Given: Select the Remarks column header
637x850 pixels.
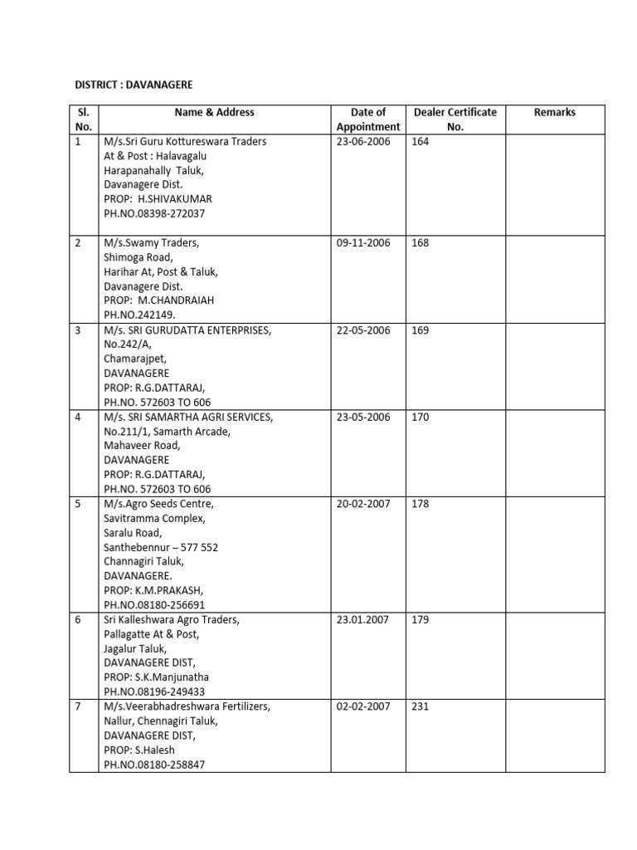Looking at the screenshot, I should tap(555, 112).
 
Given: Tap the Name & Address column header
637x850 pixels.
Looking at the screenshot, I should tap(214, 112).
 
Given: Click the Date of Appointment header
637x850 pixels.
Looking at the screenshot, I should tap(368, 120).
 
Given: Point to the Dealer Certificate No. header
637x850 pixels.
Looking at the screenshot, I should tap(455, 120).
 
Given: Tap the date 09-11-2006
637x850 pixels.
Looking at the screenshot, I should tap(363, 243).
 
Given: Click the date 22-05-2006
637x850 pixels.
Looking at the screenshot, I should tap(363, 330).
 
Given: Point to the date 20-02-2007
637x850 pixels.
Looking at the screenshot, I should tap(363, 504).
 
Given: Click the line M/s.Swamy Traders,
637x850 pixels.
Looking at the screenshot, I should tap(151, 243).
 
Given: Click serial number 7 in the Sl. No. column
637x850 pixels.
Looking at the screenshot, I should tap(78, 707).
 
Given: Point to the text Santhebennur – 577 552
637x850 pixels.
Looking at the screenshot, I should tap(161, 547).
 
